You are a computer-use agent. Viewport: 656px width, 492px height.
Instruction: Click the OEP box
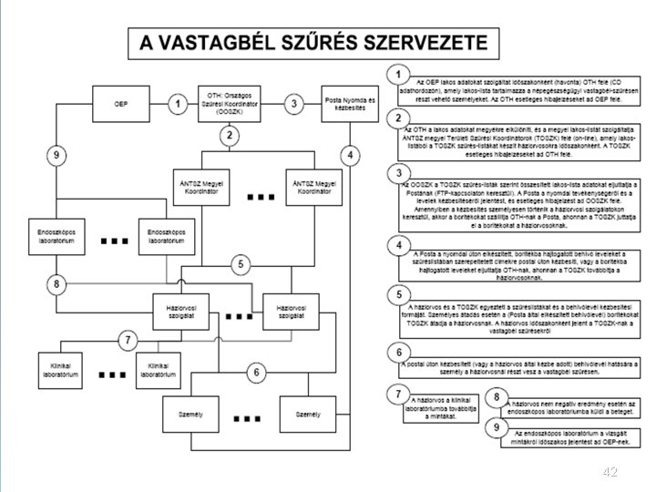[120, 105]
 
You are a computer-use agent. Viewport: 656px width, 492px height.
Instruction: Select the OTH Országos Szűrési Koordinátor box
[230, 105]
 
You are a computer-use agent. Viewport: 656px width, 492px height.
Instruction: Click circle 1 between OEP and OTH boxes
[176, 105]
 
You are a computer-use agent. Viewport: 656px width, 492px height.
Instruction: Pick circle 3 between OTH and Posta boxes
[293, 105]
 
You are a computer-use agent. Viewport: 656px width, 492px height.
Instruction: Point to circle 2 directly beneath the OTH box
[230, 137]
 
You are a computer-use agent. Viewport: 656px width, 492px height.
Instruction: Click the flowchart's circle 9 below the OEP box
[56, 156]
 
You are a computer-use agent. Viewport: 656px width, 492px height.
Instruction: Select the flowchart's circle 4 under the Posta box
[350, 152]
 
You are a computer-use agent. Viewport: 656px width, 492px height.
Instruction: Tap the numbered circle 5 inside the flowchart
[240, 265]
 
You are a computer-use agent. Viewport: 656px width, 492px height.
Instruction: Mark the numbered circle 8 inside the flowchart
[56, 285]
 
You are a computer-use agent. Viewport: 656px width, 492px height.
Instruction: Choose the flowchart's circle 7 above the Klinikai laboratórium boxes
[127, 340]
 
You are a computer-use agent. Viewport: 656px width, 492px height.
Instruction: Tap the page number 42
[610, 472]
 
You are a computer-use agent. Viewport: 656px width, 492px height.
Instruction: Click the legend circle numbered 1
[396, 73]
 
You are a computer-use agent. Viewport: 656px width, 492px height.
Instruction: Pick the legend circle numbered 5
[396, 294]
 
